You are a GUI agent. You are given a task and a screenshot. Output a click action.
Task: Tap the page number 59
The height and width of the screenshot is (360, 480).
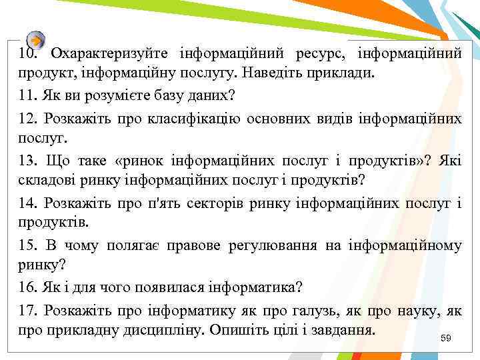point(446,339)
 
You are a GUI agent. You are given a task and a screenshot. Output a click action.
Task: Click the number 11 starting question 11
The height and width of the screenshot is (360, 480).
point(27,95)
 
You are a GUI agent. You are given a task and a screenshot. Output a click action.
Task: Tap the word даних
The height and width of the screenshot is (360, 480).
point(213,95)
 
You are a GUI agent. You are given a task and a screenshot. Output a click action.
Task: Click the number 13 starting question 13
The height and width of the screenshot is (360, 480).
point(27,161)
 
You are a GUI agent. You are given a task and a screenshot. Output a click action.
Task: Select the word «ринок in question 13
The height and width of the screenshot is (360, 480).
point(141,161)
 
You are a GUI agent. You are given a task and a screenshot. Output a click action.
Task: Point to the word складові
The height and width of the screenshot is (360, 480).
point(45,180)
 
